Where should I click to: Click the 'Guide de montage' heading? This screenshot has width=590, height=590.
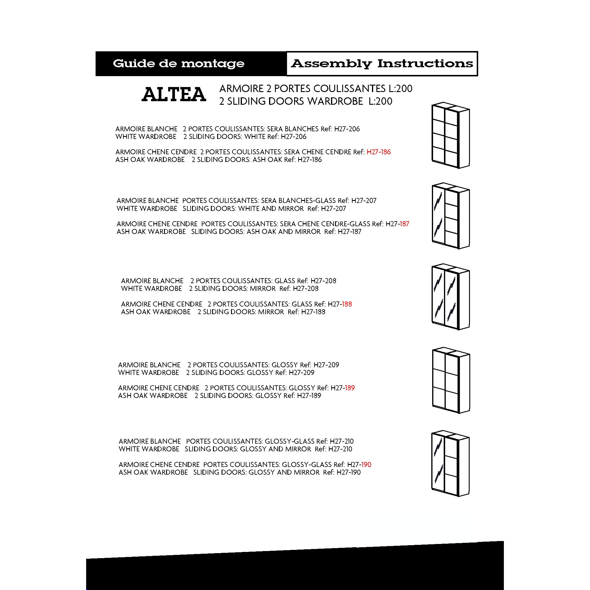coord(178,63)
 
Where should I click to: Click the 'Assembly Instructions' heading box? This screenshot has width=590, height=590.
coord(382,63)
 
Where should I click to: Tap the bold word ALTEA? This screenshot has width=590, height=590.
coord(174,95)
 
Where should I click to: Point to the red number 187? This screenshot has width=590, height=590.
coord(404,224)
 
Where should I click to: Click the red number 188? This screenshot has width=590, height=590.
coord(347,304)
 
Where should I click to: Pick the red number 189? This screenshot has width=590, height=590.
coord(350,388)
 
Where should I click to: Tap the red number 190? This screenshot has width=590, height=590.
coord(366,465)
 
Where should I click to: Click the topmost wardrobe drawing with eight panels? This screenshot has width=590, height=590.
coord(450,135)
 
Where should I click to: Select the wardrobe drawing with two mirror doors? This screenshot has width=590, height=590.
coord(450,297)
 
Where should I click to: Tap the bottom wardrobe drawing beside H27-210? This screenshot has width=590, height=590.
coord(450,464)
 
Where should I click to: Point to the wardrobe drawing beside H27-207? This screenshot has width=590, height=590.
coord(450,216)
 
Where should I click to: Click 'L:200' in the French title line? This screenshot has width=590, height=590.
coord(400,89)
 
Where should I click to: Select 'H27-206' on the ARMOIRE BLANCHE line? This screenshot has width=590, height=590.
coord(347,129)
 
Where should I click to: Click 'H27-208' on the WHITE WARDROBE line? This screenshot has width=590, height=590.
coord(305,289)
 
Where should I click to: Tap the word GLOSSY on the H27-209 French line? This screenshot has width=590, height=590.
coord(285,365)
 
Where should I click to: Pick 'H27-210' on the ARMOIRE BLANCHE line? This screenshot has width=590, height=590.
coord(341,441)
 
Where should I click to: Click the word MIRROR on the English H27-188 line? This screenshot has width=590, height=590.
coord(271,312)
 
